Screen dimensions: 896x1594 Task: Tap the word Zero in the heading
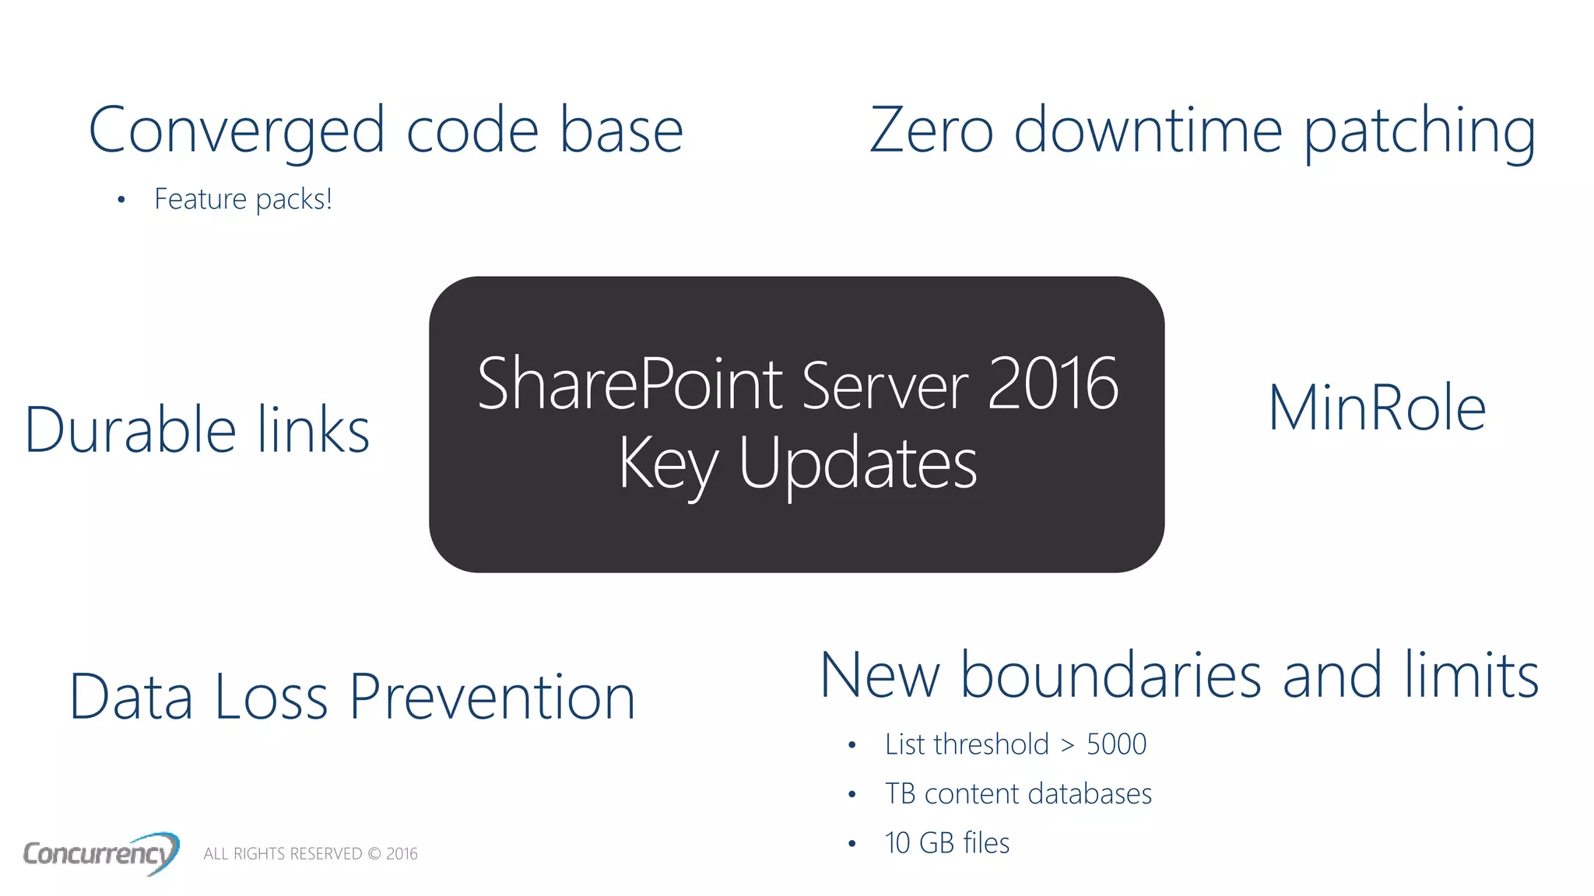tap(931, 130)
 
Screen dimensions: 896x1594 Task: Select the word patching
tap(1420, 131)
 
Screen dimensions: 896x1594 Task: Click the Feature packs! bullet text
tap(243, 199)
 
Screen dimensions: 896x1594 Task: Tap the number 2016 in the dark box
tap(1053, 383)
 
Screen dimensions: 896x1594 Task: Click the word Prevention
tap(492, 697)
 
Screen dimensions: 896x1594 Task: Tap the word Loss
tap(271, 697)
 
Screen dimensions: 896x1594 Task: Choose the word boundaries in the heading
tap(1111, 675)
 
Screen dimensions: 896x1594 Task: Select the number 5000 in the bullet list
tap(1116, 744)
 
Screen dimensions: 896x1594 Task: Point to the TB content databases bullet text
tap(1018, 794)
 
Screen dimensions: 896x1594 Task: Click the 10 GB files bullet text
tap(947, 843)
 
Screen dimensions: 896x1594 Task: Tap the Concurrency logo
tap(100, 853)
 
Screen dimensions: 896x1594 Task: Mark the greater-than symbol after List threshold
tap(1068, 745)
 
